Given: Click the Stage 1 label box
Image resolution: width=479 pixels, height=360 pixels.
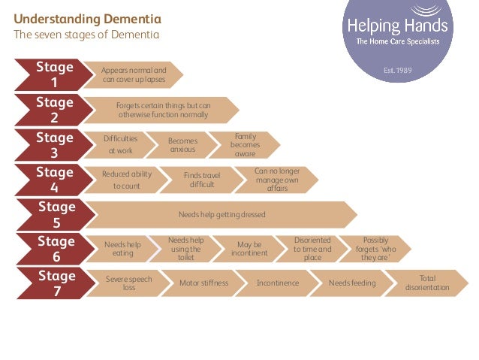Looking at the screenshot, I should point(54,74).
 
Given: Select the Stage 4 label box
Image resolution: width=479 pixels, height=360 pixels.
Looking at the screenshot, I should point(54,180).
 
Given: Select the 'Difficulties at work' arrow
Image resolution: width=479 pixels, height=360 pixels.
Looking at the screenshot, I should point(121,144).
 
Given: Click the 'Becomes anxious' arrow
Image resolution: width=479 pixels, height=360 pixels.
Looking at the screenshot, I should point(182,145).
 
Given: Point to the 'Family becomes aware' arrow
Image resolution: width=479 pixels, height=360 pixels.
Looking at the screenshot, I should point(245,144).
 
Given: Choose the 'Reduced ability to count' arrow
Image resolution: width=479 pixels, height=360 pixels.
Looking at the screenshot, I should point(126,180).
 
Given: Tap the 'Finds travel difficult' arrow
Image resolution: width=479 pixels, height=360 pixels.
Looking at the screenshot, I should point(202,180).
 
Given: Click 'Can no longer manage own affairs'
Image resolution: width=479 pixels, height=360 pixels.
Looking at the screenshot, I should point(276,180).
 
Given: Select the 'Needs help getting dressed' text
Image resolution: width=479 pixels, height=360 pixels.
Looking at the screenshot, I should point(221,215).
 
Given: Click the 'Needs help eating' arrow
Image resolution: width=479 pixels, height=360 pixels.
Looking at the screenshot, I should point(122,249).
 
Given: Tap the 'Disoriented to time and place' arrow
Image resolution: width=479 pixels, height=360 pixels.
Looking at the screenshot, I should point(312,249).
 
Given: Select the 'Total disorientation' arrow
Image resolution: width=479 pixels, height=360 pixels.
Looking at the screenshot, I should point(427,283).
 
